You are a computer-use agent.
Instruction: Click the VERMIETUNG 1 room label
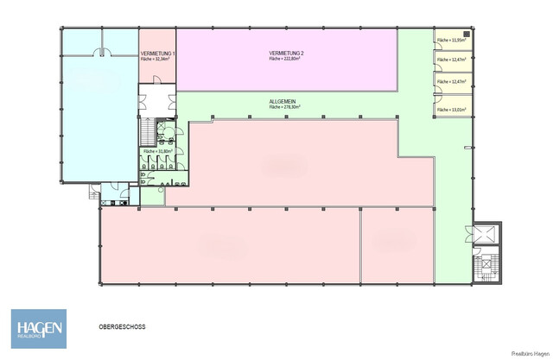click(157, 54)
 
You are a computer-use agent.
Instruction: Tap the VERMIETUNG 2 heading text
click(286, 54)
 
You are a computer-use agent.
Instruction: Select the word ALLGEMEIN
click(286, 101)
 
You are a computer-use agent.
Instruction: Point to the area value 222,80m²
click(287, 60)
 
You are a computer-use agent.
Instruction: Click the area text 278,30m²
click(287, 107)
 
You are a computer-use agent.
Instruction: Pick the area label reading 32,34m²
click(158, 60)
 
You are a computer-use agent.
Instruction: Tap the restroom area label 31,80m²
click(159, 151)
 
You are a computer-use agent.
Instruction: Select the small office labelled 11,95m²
click(451, 41)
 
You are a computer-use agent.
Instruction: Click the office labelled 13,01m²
click(451, 110)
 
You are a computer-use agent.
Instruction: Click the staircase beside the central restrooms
click(145, 131)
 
